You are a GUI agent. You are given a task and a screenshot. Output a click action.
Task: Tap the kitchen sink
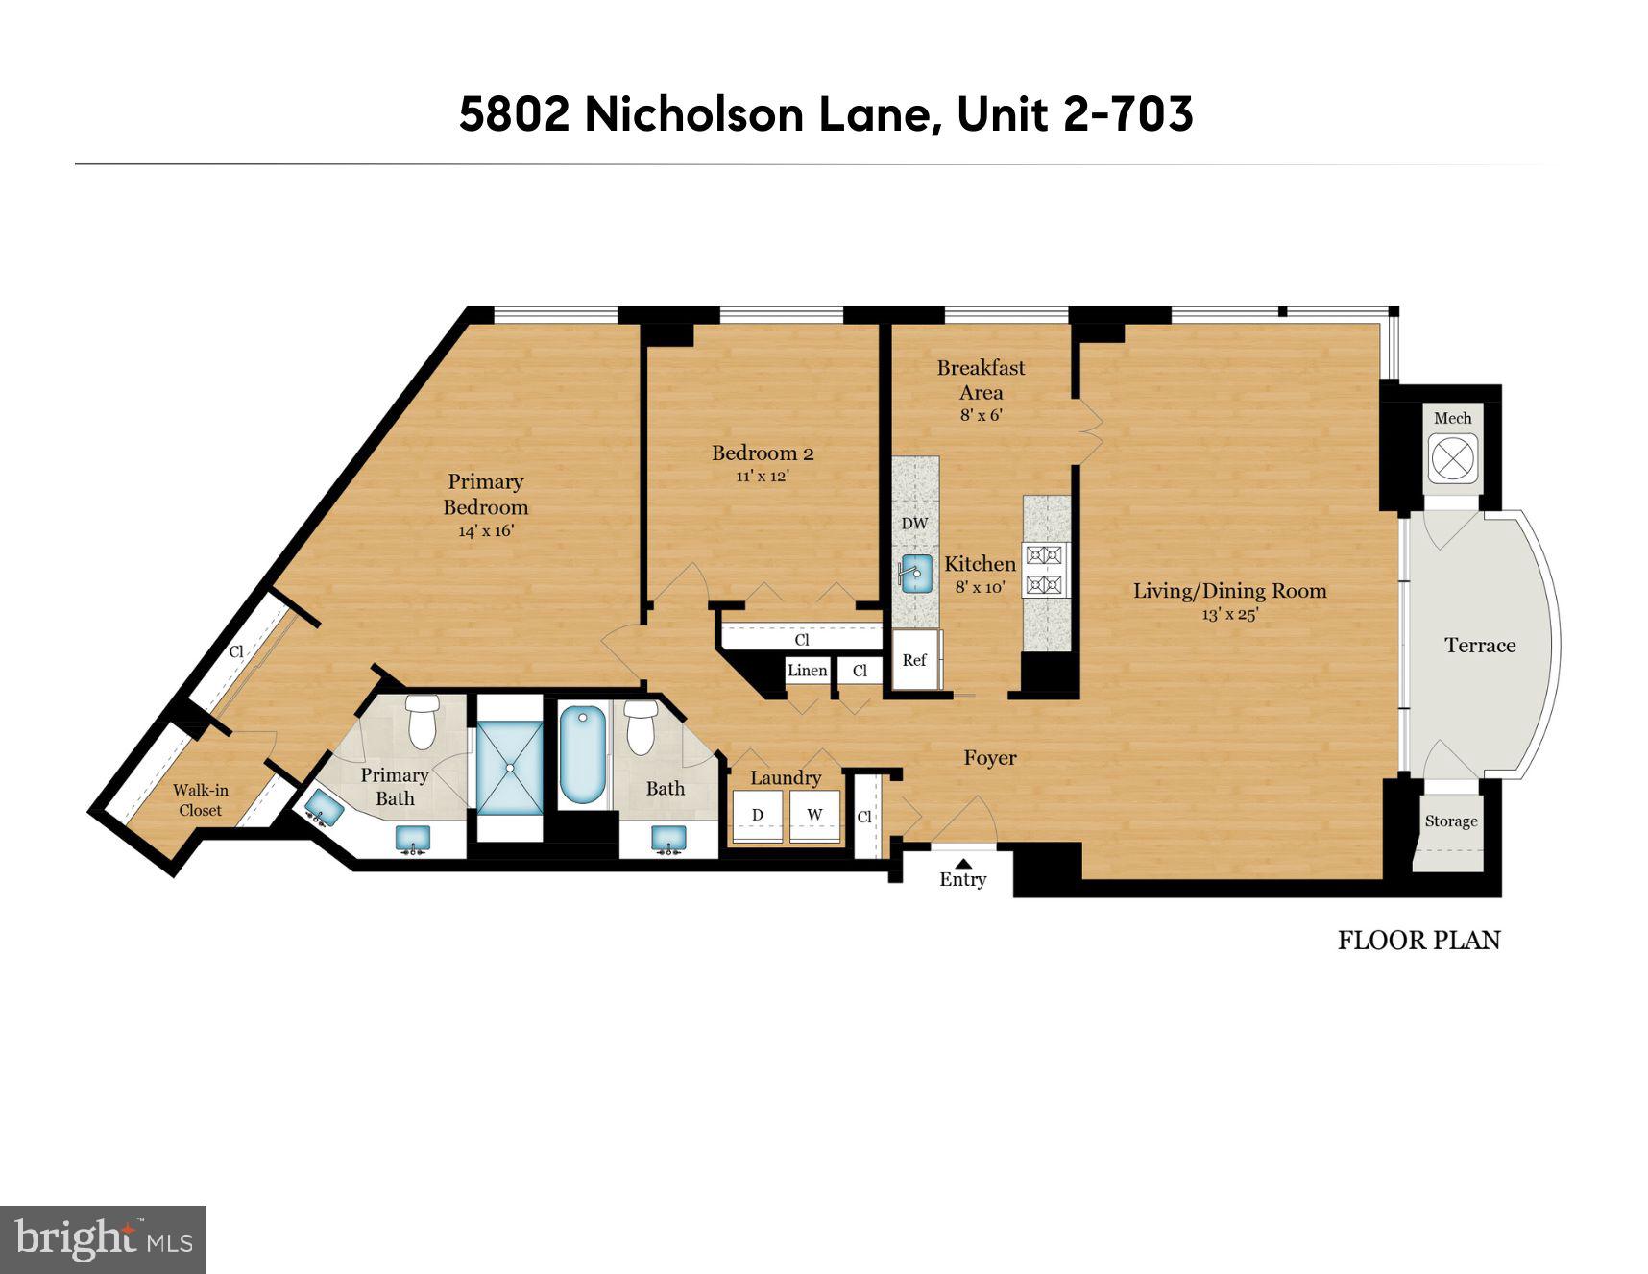[916, 574]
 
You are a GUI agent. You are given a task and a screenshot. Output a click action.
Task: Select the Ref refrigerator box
[915, 660]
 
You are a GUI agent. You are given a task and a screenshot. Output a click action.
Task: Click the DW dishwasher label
[914, 524]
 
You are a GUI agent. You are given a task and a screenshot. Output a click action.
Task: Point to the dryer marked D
[758, 816]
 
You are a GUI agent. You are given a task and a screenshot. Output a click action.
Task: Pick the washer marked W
[814, 816]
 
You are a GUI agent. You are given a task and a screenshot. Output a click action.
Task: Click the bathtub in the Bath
[583, 755]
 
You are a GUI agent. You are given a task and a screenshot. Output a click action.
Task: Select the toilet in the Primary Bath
[422, 723]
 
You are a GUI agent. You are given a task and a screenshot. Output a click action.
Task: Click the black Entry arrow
[962, 863]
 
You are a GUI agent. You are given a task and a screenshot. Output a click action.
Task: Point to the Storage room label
[1450, 821]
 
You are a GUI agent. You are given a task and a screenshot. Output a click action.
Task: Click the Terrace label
[1480, 646]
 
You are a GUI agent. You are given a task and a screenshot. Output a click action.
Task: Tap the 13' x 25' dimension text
[1229, 615]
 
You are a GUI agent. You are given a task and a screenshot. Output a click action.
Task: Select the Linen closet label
[807, 671]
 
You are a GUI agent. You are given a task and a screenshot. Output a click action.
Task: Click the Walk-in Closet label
[200, 799]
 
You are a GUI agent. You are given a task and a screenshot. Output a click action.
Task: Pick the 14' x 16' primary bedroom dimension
[486, 531]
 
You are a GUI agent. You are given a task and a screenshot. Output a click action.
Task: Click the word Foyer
[990, 758]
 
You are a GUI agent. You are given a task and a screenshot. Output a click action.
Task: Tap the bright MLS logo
[103, 1238]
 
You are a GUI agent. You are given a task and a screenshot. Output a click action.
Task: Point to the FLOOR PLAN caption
[1418, 940]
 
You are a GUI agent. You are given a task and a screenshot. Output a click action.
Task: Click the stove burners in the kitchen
[1044, 569]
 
